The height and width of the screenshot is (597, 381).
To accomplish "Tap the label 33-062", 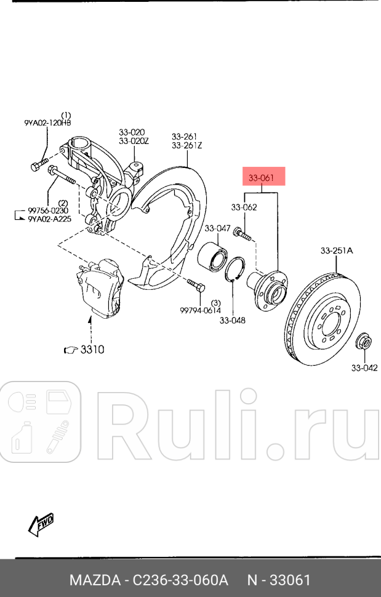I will click(244, 207).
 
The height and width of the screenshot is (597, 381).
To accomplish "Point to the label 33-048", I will click(232, 320).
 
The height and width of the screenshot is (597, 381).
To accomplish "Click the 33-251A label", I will click(337, 250).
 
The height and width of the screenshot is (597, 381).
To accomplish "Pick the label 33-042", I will click(364, 368).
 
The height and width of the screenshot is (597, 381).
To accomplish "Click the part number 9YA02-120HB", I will click(47, 123).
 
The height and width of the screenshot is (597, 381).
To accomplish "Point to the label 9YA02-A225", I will click(50, 218).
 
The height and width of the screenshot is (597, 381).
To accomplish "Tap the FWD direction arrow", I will click(42, 524).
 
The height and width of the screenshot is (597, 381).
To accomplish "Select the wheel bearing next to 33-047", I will click(213, 256).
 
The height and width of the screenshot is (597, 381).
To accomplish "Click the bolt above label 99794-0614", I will click(196, 286).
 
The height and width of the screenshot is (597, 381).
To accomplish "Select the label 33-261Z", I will click(187, 145).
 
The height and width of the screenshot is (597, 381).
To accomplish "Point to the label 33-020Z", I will click(134, 141).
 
